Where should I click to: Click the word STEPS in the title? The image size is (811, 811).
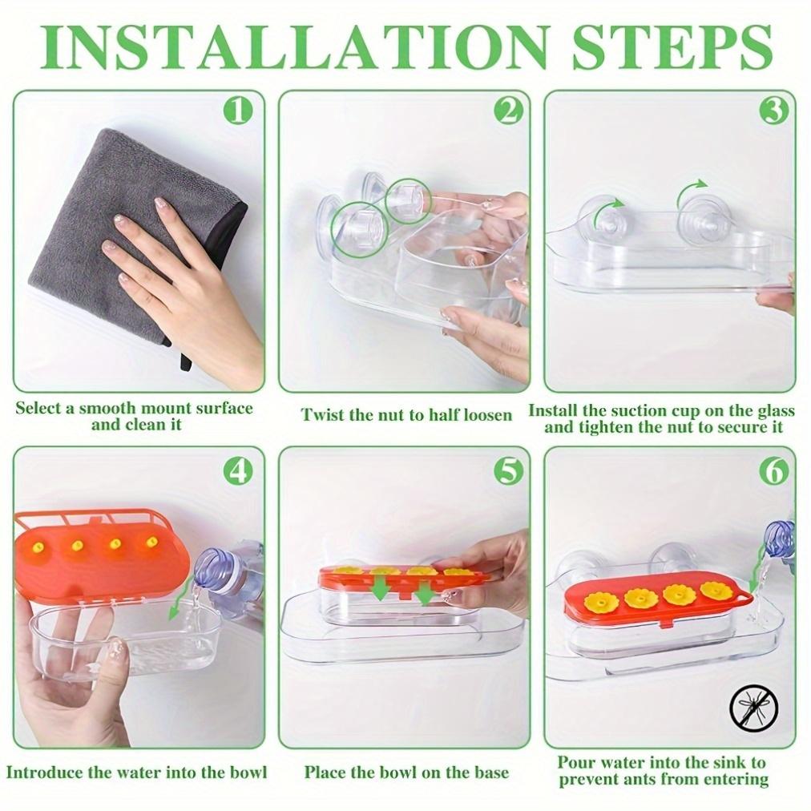point(671,46)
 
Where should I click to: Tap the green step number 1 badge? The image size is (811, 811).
point(239,112)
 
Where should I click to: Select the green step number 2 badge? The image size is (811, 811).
point(508,112)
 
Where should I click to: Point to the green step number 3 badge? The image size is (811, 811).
point(774,112)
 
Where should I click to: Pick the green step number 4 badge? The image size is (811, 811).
point(239,472)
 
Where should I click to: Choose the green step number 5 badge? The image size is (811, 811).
point(508,472)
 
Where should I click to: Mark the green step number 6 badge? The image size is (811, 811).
point(774,472)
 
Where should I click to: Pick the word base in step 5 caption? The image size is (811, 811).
point(490,773)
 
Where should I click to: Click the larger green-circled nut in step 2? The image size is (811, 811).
point(360,228)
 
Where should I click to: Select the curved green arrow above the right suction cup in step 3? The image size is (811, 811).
point(692,191)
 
